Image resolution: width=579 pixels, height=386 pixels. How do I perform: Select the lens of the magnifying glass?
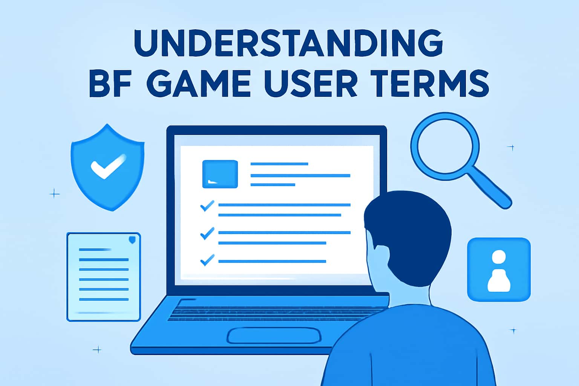point(445,145)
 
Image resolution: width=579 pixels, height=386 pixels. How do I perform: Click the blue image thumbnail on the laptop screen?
point(220,174)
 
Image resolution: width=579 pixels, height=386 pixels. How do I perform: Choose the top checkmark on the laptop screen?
point(207,206)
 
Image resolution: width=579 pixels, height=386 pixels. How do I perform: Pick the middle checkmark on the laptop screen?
point(207,234)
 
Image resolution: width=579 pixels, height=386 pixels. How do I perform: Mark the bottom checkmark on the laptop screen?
point(207,260)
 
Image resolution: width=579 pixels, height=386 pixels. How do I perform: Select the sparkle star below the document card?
point(97,349)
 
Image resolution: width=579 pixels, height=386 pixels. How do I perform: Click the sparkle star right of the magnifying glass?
point(512,147)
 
